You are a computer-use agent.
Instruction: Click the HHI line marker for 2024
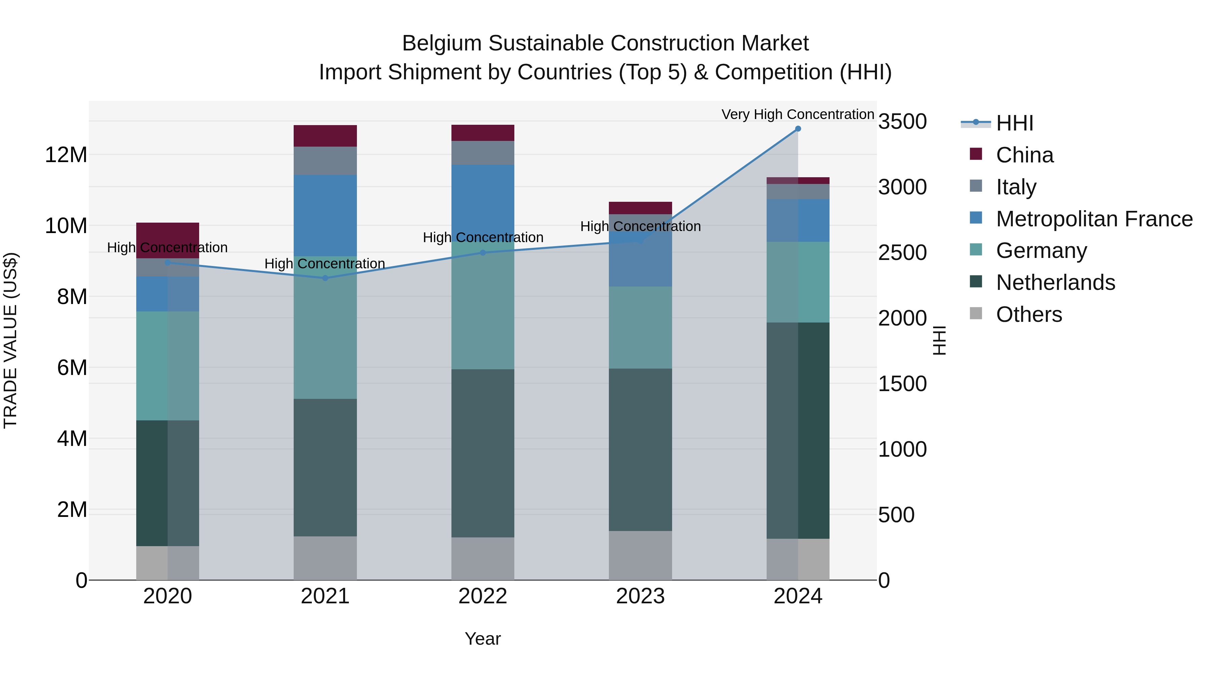coord(798,129)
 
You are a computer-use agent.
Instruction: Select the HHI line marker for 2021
coord(325,278)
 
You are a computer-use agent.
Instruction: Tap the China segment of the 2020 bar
coord(168,234)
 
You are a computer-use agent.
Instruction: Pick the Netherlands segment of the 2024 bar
coord(798,430)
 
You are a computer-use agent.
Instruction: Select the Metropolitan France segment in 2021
coord(325,215)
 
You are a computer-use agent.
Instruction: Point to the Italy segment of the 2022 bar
coord(482,153)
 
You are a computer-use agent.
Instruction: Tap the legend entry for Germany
coord(1041,251)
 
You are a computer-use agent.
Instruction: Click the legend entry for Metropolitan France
coord(1094,219)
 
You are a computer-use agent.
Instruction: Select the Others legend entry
coord(1029,314)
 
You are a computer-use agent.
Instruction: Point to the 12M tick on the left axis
coord(66,155)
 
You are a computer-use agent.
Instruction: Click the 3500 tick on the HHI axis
coord(902,122)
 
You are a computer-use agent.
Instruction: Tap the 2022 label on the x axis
coord(482,596)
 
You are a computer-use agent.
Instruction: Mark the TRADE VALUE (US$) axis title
coord(10,340)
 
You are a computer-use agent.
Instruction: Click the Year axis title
coord(482,639)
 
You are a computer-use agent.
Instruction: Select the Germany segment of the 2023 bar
coord(640,327)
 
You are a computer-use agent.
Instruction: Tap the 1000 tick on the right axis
coord(902,449)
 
